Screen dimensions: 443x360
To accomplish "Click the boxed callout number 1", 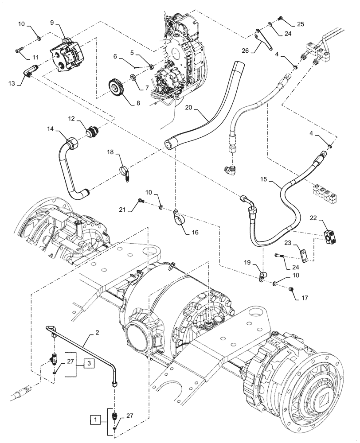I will click(96, 418).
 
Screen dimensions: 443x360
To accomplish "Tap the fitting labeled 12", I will click(93, 132).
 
